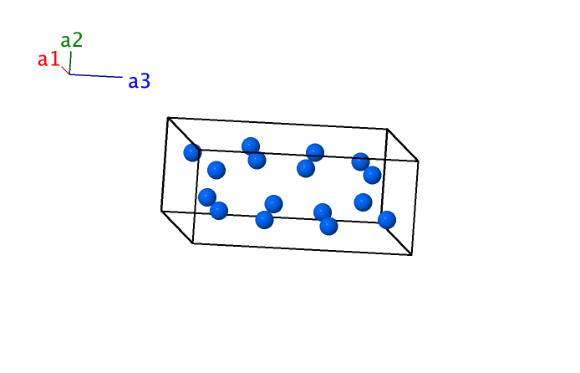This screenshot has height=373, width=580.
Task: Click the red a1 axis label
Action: click(x=48, y=59)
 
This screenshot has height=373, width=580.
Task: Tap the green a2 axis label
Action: click(x=71, y=40)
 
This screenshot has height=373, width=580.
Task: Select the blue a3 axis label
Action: click(x=139, y=81)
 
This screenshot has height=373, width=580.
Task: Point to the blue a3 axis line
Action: click(x=96, y=76)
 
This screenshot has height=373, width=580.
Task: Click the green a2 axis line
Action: click(x=70, y=63)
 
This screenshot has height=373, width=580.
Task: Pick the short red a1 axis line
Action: click(x=65, y=71)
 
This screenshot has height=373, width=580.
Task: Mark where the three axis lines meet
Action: click(x=69, y=74)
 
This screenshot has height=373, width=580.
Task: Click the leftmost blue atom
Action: click(x=192, y=152)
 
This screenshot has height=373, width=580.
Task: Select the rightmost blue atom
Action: click(x=387, y=220)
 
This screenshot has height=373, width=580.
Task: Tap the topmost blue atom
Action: click(x=251, y=146)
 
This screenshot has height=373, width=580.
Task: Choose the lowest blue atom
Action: click(x=328, y=226)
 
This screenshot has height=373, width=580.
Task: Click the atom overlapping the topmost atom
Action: click(x=257, y=161)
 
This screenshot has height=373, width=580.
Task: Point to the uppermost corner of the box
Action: click(x=168, y=118)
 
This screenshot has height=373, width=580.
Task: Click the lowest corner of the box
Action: click(x=412, y=255)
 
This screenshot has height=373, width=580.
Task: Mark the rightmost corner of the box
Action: click(x=419, y=161)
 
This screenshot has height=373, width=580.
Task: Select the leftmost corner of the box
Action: click(x=161, y=212)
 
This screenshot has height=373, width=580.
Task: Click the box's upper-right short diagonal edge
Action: click(x=403, y=145)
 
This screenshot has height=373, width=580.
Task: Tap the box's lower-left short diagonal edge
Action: click(x=177, y=227)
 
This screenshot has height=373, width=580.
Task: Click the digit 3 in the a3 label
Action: click(x=145, y=81)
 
